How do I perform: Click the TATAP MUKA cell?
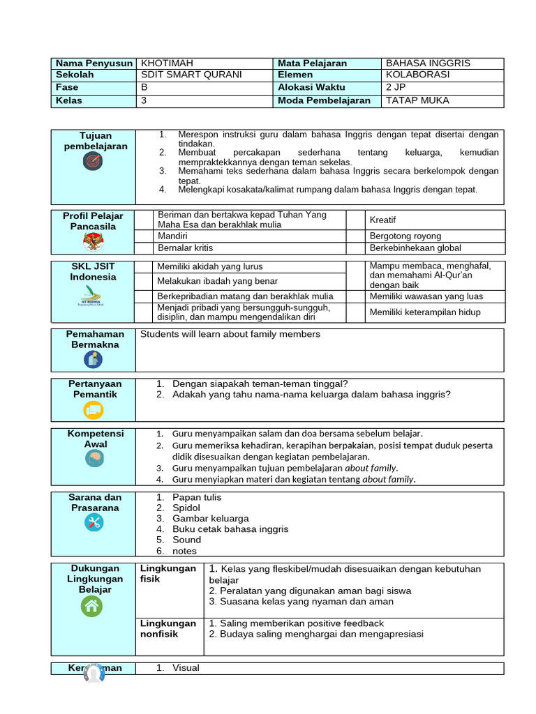pyautogui.click(x=417, y=100)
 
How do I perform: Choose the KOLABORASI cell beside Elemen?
pyautogui.click(x=418, y=75)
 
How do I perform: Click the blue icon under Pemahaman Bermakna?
pyautogui.click(x=93, y=359)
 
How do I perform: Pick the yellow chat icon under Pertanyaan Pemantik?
pyautogui.click(x=93, y=411)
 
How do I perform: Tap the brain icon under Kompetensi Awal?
pyautogui.click(x=93, y=459)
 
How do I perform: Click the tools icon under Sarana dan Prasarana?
pyautogui.click(x=93, y=522)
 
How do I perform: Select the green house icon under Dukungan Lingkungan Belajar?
pyautogui.click(x=93, y=607)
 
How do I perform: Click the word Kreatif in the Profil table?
pyautogui.click(x=382, y=220)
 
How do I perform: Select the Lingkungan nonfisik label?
pyautogui.click(x=167, y=628)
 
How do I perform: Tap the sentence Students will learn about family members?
pyautogui.click(x=230, y=335)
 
